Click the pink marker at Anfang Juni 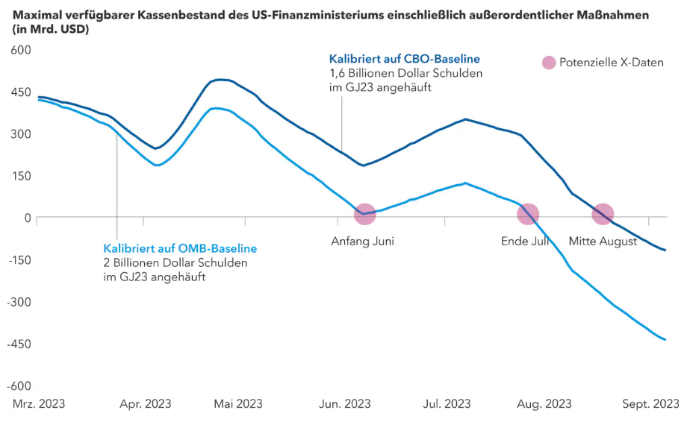pyautogui.click(x=364, y=215)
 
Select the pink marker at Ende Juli pyautogui.click(x=528, y=215)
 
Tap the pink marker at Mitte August pyautogui.click(x=603, y=215)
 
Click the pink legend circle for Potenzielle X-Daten pyautogui.click(x=549, y=63)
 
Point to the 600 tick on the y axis pyautogui.click(x=19, y=50)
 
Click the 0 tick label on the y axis pyautogui.click(x=27, y=218)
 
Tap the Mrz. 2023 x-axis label pyautogui.click(x=39, y=404)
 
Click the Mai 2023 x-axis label pyautogui.click(x=238, y=404)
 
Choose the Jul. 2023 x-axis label pyautogui.click(x=447, y=404)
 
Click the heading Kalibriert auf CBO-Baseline pyautogui.click(x=404, y=59)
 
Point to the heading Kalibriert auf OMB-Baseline pyautogui.click(x=180, y=248)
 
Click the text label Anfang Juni pyautogui.click(x=362, y=242)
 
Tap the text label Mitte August pyautogui.click(x=603, y=242)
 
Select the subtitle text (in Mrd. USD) pyautogui.click(x=51, y=29)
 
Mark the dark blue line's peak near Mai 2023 pyautogui.click(x=220, y=79)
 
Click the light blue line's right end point pyautogui.click(x=665, y=339)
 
